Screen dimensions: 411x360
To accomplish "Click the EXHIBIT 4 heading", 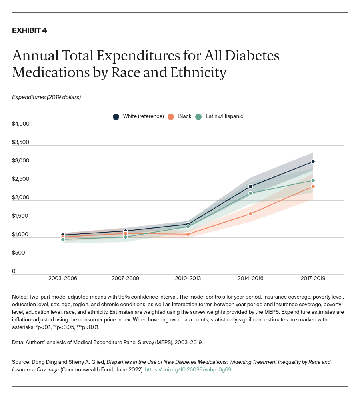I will point(29,30).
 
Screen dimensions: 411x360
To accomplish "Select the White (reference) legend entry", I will point(138,116).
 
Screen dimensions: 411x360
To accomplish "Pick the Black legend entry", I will point(180,116).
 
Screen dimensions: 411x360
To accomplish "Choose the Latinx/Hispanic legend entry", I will point(219,116).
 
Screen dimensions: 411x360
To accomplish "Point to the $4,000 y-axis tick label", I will point(21,124).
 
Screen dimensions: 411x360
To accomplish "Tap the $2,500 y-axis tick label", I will point(21,179).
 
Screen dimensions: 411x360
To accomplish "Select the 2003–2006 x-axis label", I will point(63,278).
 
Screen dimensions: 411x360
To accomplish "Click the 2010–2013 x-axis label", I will point(188,278).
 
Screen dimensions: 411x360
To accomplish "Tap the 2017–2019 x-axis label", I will point(313,278).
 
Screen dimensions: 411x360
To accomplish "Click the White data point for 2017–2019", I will point(313,162).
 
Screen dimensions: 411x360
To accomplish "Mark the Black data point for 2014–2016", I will point(250,214).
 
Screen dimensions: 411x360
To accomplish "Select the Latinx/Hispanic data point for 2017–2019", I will point(313,180).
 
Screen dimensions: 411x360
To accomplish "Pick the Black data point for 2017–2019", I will point(313,186).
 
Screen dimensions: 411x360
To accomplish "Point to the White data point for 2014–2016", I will point(250,186).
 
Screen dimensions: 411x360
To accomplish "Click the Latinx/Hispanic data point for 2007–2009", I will point(125,237).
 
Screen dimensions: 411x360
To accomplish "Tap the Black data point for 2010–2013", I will point(188,234).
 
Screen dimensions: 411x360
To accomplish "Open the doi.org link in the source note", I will point(188,370).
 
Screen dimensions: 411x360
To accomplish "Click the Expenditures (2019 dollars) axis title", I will point(46,97).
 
